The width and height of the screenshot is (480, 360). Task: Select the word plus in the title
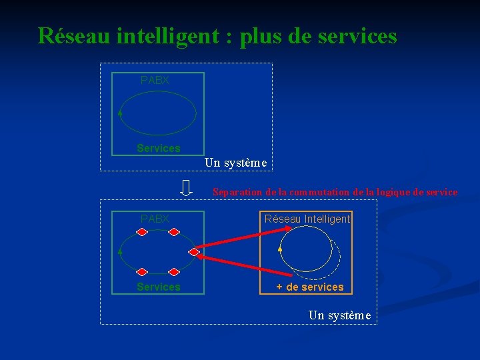click(261, 37)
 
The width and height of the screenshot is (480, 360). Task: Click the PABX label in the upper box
click(155, 80)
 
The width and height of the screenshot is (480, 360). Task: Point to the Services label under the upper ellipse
click(158, 148)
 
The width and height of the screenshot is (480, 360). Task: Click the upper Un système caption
click(235, 162)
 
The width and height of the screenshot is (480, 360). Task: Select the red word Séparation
click(237, 192)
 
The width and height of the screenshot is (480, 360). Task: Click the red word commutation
click(313, 192)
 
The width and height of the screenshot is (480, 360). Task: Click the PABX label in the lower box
click(155, 219)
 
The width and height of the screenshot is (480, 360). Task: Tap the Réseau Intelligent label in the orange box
click(307, 219)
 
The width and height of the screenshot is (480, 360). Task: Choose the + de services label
click(310, 287)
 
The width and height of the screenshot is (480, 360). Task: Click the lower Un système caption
click(339, 315)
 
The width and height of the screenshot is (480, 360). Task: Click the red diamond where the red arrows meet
click(194, 252)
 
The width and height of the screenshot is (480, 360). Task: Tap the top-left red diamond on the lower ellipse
click(141, 232)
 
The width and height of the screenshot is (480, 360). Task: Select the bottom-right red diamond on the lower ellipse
click(174, 272)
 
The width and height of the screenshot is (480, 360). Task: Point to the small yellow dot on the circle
click(281, 249)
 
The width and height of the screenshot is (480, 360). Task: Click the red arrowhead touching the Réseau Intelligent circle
click(284, 230)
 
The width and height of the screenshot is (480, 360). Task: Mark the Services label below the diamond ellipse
click(158, 287)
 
